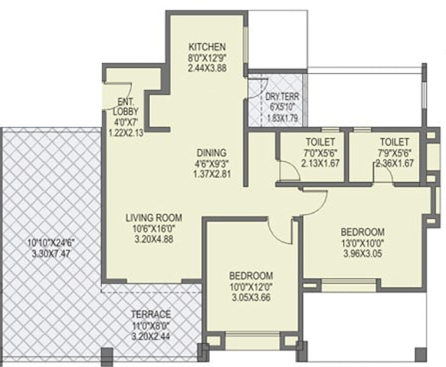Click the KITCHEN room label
208,46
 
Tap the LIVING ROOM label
154,218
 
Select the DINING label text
212,153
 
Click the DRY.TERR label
282,97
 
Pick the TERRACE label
151,314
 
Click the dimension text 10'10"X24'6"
51,243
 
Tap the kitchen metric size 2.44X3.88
208,68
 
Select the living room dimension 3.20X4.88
154,239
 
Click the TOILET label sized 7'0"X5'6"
320,141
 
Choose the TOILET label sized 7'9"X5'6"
395,141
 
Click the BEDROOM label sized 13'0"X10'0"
362,232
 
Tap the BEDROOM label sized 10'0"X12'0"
251,276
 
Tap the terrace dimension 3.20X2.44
151,336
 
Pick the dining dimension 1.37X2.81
212,174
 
